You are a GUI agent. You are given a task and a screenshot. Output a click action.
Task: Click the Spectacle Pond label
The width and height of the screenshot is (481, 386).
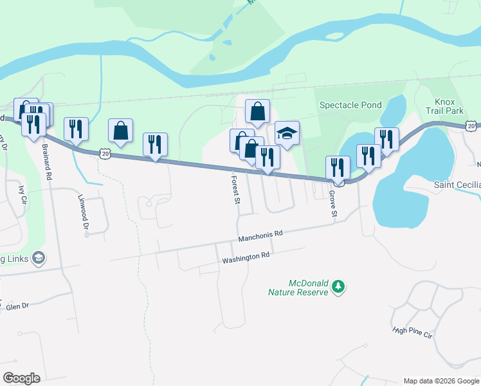coord(350,105)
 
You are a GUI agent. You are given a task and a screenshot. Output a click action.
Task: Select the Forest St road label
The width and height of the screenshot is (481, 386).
coord(236,190)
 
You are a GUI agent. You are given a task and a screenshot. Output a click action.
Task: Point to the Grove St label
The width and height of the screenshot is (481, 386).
coord(333,203)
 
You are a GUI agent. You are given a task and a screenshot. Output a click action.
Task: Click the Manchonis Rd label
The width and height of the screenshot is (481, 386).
coord(260,235)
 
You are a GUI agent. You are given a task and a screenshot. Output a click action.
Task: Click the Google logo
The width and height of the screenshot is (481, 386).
coord(21,378)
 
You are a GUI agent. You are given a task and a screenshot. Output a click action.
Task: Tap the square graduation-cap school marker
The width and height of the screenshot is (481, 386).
coord(287,134)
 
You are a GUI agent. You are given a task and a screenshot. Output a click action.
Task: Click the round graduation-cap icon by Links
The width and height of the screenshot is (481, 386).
coord(38,258)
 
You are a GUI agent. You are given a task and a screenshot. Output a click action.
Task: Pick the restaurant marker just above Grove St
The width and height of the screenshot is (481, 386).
coord(338,167)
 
